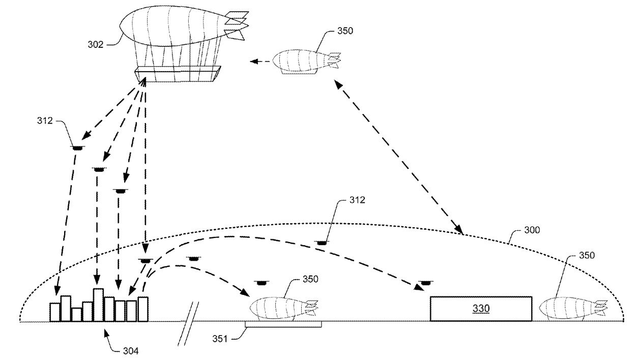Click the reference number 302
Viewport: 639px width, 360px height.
pyautogui.click(x=95, y=44)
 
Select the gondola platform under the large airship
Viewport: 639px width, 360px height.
pyautogui.click(x=178, y=74)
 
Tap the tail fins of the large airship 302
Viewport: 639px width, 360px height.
pyautogui.click(x=236, y=25)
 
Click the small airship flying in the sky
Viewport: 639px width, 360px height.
pyautogui.click(x=306, y=62)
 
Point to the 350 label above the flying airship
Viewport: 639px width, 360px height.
pyautogui.click(x=345, y=31)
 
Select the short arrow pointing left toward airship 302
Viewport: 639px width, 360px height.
pyautogui.click(x=260, y=62)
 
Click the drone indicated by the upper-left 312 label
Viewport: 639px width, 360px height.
pyautogui.click(x=78, y=147)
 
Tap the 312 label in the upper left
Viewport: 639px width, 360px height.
pyautogui.click(x=45, y=121)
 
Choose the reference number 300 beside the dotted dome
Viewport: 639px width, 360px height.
pyautogui.click(x=532, y=230)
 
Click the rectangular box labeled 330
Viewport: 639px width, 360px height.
pyautogui.click(x=481, y=309)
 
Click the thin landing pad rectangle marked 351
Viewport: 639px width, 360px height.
pyautogui.click(x=283, y=324)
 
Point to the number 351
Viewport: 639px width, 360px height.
pyautogui.click(x=220, y=339)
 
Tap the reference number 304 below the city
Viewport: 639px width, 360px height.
pyautogui.click(x=131, y=351)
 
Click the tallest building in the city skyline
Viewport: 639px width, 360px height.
pyautogui.click(x=98, y=305)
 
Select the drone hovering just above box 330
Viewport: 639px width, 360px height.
pyautogui.click(x=426, y=283)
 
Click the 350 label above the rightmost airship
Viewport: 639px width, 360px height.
pyautogui.click(x=587, y=255)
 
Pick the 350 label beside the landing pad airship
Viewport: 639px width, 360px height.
pyautogui.click(x=310, y=279)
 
